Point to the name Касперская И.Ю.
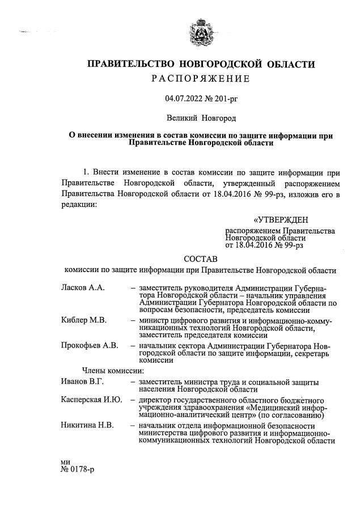point(91,401)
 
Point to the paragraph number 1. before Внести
point(87,171)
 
